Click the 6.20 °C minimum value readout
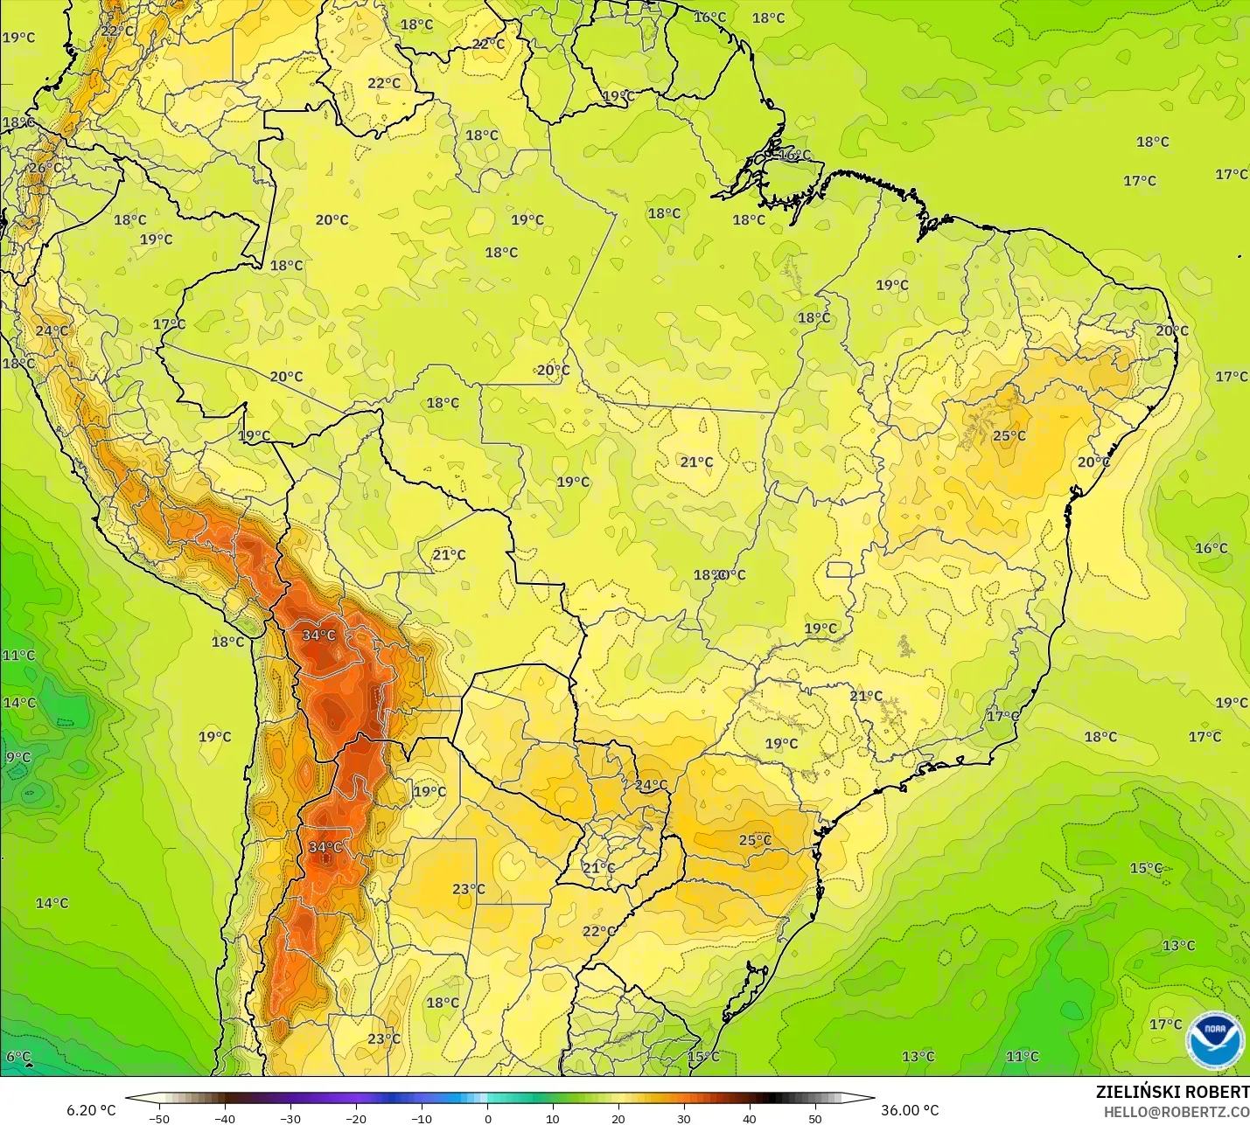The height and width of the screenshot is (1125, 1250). tap(91, 1110)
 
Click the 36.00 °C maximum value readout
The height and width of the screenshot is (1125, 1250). tap(910, 1110)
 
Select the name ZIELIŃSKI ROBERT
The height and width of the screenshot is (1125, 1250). tap(1172, 1092)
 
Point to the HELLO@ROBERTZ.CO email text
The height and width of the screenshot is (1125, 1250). tap(1176, 1112)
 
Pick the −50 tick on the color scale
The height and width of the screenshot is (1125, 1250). tap(159, 1118)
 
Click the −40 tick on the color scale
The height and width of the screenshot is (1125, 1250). tap(225, 1118)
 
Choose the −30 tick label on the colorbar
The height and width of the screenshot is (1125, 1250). tap(290, 1118)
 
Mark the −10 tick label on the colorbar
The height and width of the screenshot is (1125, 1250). tap(422, 1118)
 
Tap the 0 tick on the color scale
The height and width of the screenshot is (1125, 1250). tap(488, 1118)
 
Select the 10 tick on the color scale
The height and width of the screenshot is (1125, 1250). tap(553, 1118)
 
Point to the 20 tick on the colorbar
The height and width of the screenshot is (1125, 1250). tap(618, 1118)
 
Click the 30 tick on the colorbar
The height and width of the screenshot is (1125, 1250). tap(684, 1118)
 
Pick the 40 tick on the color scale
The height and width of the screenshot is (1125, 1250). tap(750, 1118)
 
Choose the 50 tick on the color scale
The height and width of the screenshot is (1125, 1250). tap(815, 1118)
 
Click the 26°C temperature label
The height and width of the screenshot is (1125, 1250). tap(45, 168)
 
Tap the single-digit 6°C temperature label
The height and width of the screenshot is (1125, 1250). tap(18, 1057)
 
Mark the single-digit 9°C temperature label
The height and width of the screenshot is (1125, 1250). tap(18, 758)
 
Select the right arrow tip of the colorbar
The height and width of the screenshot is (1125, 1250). tap(873, 1098)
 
